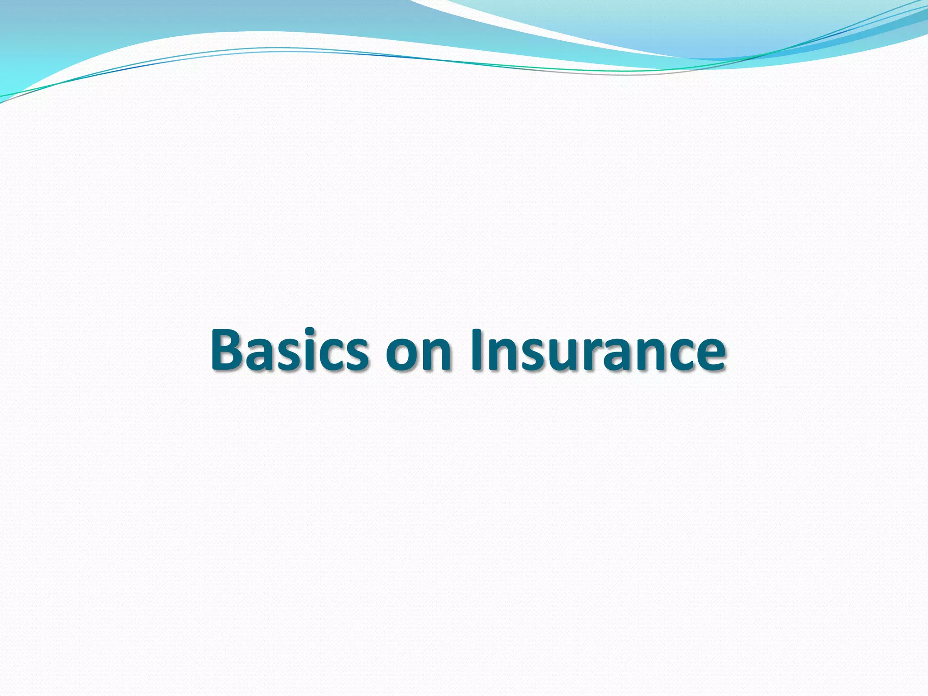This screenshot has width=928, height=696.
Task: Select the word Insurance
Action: [x=599, y=349]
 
